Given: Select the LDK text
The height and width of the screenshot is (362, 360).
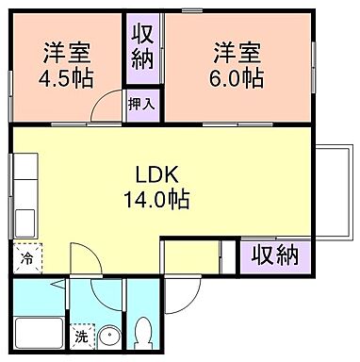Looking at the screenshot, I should click(162, 175).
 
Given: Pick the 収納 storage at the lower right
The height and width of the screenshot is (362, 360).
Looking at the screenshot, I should click(275, 254).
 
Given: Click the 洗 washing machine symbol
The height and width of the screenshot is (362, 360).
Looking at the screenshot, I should click(82, 335).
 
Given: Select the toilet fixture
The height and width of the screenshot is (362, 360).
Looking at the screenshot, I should click(143, 332).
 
